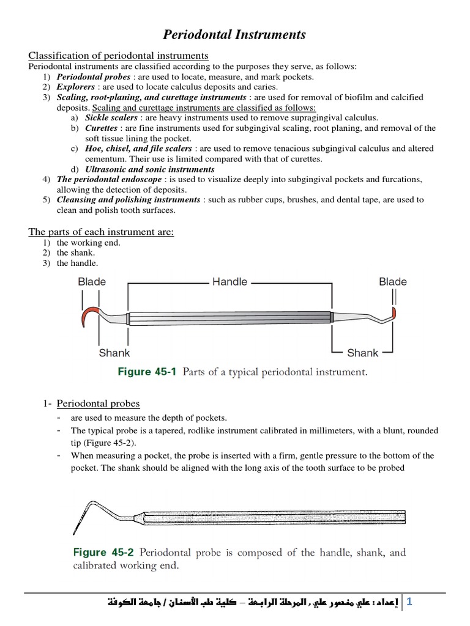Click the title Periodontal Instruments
(x=234, y=35)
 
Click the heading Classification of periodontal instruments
(x=119, y=56)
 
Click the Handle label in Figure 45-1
(x=229, y=282)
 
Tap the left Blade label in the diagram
(x=92, y=282)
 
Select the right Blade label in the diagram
(x=393, y=282)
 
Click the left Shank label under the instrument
(x=114, y=353)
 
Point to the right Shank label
(x=362, y=353)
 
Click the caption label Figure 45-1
(x=146, y=372)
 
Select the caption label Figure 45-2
(x=103, y=553)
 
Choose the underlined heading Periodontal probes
(x=98, y=403)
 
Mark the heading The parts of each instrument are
(x=102, y=232)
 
